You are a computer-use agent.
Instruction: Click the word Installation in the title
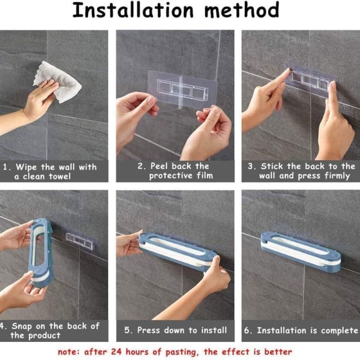click(x=133, y=10)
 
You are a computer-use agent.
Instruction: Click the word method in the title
click(x=242, y=10)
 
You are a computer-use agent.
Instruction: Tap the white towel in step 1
click(x=59, y=82)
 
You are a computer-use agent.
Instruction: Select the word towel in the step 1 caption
click(x=59, y=176)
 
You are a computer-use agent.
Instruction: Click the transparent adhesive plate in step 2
click(x=182, y=89)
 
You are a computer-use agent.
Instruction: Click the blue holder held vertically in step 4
click(x=41, y=253)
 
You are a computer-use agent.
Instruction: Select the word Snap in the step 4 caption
click(x=22, y=326)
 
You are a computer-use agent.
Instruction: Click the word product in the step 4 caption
click(x=44, y=336)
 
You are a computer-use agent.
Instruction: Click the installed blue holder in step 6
click(x=301, y=252)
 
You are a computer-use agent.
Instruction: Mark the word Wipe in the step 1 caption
click(x=26, y=167)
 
